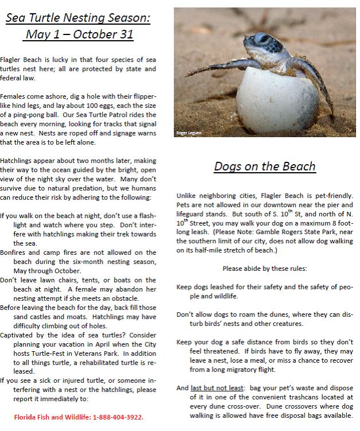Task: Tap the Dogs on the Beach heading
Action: (x=265, y=166)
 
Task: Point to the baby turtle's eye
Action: (x=261, y=40)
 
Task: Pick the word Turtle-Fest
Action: (x=83, y=352)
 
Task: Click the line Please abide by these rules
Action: (x=264, y=267)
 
